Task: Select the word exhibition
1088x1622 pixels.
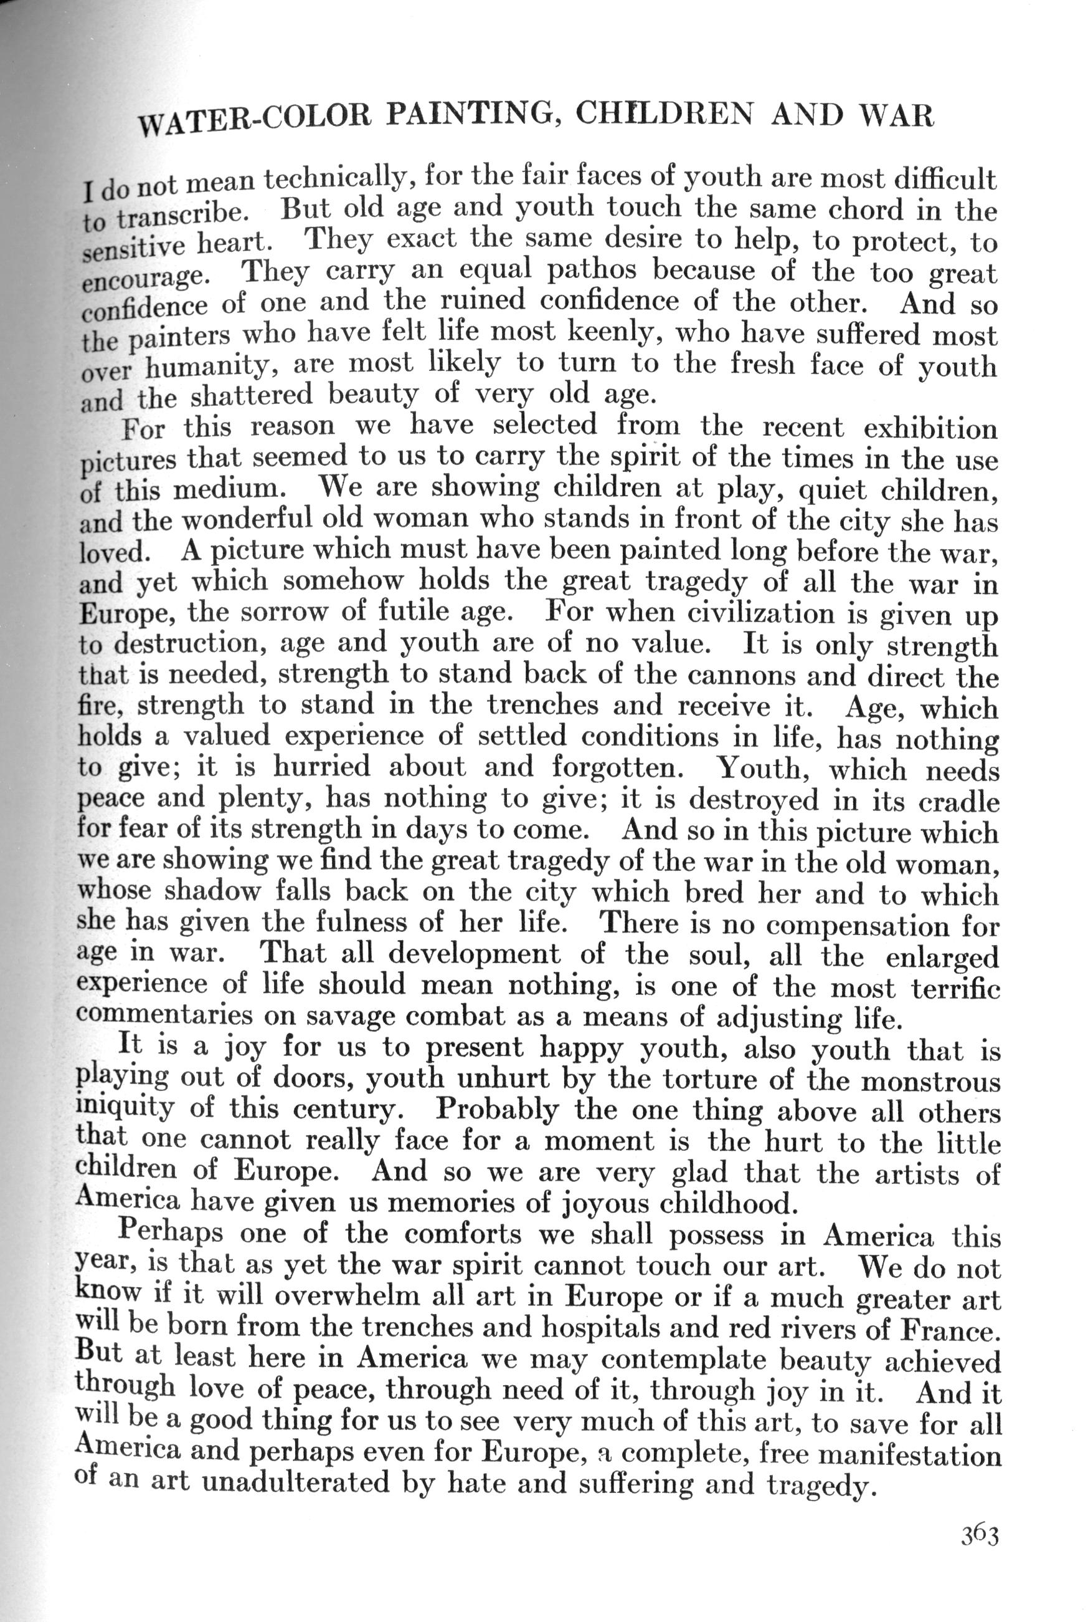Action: pyautogui.click(x=930, y=429)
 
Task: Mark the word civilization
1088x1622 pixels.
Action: pyautogui.click(x=759, y=615)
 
